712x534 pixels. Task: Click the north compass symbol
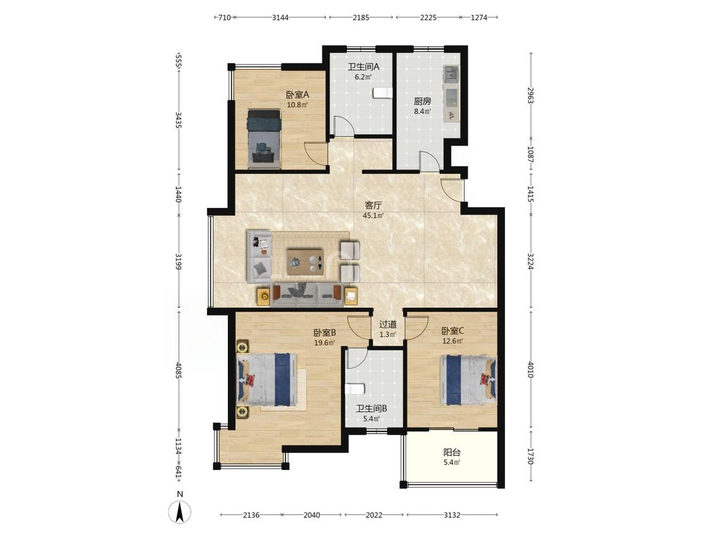[x=180, y=512]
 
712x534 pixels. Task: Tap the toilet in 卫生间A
[x=382, y=92]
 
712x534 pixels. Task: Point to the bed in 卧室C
[x=468, y=380]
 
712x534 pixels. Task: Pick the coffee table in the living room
[x=306, y=261]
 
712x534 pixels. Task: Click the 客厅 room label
[x=373, y=205]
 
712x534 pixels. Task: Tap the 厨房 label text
[x=422, y=101]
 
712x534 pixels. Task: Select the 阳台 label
[x=452, y=452]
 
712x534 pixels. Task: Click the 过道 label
[x=388, y=324]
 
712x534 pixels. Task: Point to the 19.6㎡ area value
[x=325, y=343]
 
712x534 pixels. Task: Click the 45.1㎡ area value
[x=373, y=216]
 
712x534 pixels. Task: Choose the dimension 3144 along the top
[x=280, y=18]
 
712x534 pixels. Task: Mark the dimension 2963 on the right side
[x=530, y=96]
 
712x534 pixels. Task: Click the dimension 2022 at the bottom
[x=373, y=515]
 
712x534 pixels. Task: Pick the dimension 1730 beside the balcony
[x=530, y=456]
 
